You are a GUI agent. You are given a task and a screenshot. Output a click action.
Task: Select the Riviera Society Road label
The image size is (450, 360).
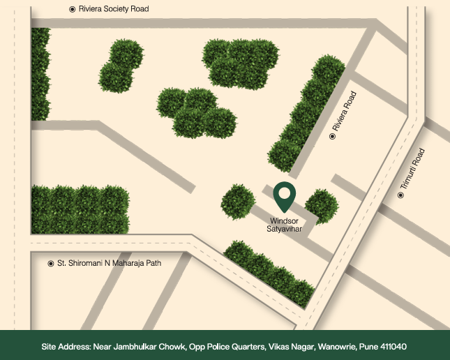(x=114, y=9)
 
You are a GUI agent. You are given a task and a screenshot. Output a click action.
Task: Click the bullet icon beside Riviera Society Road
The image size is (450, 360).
(x=73, y=9)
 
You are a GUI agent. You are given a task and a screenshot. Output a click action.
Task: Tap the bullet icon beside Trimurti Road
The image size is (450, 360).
(x=401, y=195)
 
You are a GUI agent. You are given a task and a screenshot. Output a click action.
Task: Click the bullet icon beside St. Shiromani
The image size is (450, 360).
(x=50, y=264)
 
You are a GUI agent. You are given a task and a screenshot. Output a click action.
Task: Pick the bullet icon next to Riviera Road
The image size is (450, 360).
(x=332, y=136)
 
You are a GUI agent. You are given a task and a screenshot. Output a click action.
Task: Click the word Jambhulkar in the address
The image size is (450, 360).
(x=142, y=346)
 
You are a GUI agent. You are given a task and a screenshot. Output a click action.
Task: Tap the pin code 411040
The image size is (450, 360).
(x=392, y=346)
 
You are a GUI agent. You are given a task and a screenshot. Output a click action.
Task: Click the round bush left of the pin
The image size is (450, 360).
(x=237, y=201)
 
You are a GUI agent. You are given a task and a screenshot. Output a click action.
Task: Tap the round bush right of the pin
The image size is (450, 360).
(x=322, y=205)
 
